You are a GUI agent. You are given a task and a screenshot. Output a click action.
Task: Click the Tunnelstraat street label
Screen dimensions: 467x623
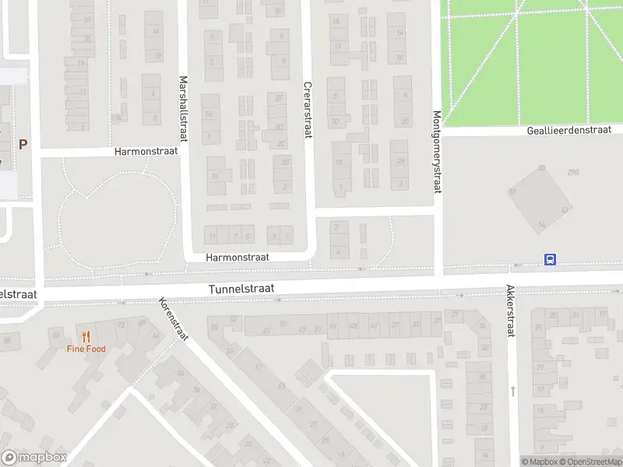pyautogui.click(x=241, y=289)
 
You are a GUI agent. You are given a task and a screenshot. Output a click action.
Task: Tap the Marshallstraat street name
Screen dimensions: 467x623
pyautogui.click(x=185, y=108)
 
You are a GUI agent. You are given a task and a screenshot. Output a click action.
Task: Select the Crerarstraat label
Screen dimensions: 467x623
pyautogui.click(x=308, y=111)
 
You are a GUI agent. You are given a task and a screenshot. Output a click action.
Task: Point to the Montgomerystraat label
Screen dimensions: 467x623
pyautogui.click(x=436, y=153)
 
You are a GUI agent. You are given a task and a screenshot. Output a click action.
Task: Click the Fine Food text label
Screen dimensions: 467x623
pyautogui.click(x=86, y=349)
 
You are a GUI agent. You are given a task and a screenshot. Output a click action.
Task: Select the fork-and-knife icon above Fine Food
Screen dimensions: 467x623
pyautogui.click(x=86, y=337)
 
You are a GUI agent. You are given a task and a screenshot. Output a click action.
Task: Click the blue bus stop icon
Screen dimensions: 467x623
pyautogui.click(x=550, y=260)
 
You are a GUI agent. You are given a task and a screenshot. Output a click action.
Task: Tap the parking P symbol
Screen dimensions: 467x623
pyautogui.click(x=23, y=144)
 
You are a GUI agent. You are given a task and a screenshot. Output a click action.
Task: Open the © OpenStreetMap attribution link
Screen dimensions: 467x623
pyautogui.click(x=591, y=462)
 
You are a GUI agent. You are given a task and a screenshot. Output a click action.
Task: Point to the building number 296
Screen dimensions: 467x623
pyautogui.click(x=573, y=173)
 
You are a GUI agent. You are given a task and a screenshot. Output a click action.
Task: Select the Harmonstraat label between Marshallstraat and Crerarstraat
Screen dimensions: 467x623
pyautogui.click(x=238, y=257)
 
